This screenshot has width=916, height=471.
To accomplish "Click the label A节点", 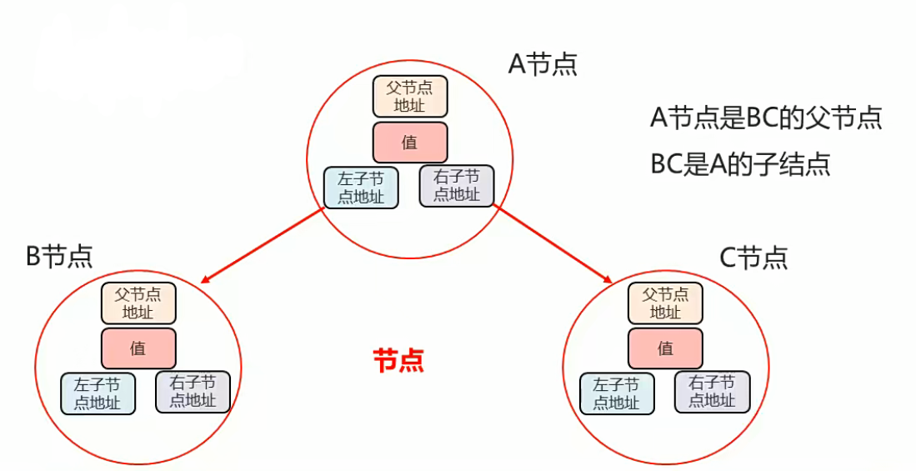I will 543,64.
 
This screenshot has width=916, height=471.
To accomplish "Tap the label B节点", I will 59,256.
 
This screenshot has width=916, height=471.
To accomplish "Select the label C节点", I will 753,258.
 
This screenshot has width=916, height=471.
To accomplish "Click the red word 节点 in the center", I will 398,360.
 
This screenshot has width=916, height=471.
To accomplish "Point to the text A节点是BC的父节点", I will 766,118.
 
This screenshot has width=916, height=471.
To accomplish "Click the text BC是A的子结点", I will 740,164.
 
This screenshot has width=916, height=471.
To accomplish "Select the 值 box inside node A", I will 409,142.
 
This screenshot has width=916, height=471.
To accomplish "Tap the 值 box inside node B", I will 138,348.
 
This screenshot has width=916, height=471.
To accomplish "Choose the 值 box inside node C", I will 665,348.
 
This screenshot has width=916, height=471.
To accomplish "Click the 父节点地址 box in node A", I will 409,96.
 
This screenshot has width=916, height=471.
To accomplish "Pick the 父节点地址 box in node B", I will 138,303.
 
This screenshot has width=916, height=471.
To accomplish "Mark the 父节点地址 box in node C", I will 665,303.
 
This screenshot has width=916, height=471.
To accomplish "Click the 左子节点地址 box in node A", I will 361,188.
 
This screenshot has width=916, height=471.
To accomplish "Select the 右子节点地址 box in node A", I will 457,185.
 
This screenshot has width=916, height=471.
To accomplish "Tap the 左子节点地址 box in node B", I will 98,393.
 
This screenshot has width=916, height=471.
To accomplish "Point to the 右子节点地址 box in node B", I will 193,392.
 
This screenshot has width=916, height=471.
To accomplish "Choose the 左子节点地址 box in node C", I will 617,393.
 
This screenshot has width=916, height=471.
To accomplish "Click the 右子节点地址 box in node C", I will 712,391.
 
